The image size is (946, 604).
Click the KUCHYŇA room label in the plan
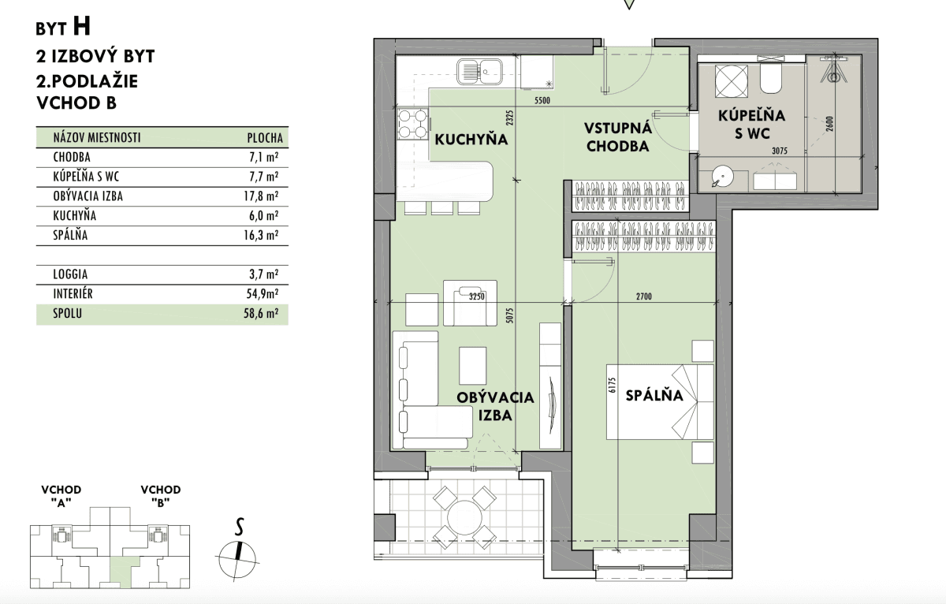tap(471, 140)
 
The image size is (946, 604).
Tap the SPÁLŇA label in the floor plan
tap(654, 395)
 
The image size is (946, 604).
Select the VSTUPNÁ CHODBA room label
tap(618, 137)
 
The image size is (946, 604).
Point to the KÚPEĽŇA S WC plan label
tap(752, 124)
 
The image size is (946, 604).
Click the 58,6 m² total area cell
tap(261, 313)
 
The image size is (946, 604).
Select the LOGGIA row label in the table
tap(70, 274)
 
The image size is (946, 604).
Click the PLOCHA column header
tap(265, 138)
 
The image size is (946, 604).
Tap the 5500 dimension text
tap(542, 100)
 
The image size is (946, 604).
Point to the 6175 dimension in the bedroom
tap(613, 386)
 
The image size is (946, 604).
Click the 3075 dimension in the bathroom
tap(779, 151)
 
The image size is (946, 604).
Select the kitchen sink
tap(480, 72)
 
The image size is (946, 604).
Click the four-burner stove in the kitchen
tap(413, 124)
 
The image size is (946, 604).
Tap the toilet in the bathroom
tap(771, 79)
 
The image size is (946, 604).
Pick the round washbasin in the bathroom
tap(723, 176)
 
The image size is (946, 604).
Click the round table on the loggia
tap(464, 517)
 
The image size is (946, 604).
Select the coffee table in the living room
tap(472, 365)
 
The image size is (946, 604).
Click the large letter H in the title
tap(82, 26)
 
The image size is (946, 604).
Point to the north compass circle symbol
tap(237, 560)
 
